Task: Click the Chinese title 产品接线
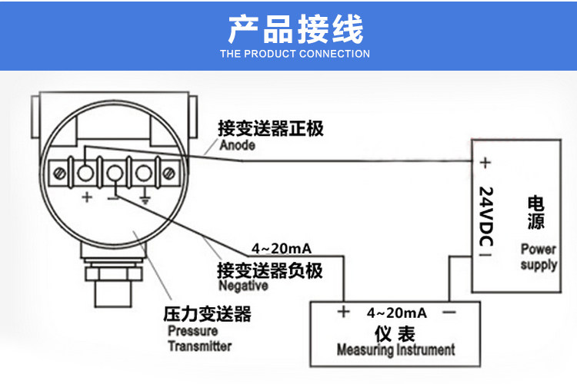click(x=295, y=29)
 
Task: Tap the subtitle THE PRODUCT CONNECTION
click(x=295, y=54)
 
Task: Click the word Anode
click(x=237, y=145)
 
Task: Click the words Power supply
click(x=539, y=257)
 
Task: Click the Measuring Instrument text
click(x=396, y=350)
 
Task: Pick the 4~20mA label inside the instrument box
click(x=396, y=313)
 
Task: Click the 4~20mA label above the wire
click(x=282, y=249)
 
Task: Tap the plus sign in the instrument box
click(x=343, y=313)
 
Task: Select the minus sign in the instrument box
click(x=450, y=313)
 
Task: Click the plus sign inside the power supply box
click(x=485, y=163)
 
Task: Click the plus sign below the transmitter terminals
click(x=87, y=197)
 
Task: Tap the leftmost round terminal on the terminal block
click(x=86, y=169)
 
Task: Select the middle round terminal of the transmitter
click(x=115, y=170)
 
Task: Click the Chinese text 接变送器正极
click(x=270, y=128)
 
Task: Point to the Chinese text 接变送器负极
click(x=269, y=270)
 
